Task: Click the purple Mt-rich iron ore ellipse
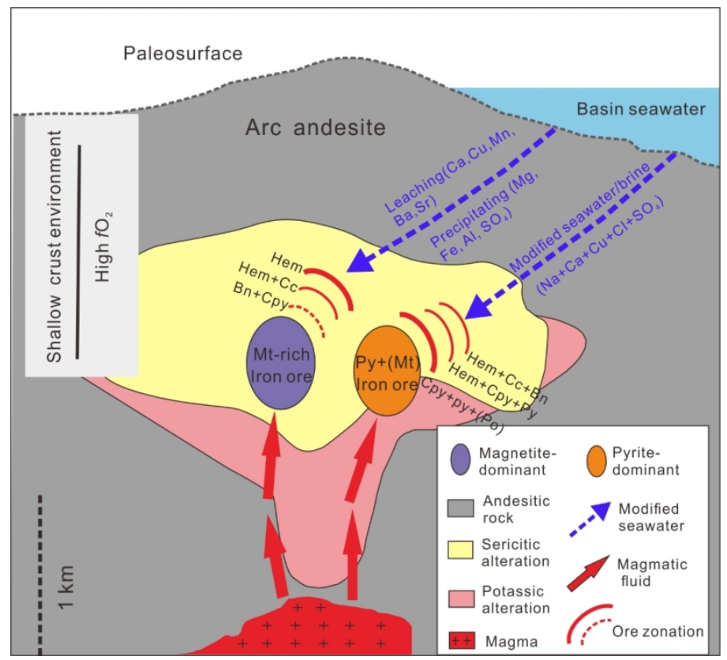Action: click(280, 363)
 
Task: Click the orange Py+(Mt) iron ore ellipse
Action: click(387, 370)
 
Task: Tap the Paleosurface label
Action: click(182, 54)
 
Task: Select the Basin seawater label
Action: click(641, 109)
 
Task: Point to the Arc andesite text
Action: click(315, 127)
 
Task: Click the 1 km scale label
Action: click(66, 587)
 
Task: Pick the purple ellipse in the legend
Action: click(460, 459)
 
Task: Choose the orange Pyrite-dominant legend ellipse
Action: click(596, 461)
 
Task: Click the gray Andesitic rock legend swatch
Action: click(460, 508)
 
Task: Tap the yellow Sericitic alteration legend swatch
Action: click(460, 549)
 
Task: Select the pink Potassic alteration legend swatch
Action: click(461, 598)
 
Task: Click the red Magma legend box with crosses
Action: click(461, 641)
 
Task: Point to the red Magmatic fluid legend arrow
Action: click(588, 574)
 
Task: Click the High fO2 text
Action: click(103, 247)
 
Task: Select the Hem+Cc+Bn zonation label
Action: click(508, 377)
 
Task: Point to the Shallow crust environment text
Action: click(54, 246)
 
